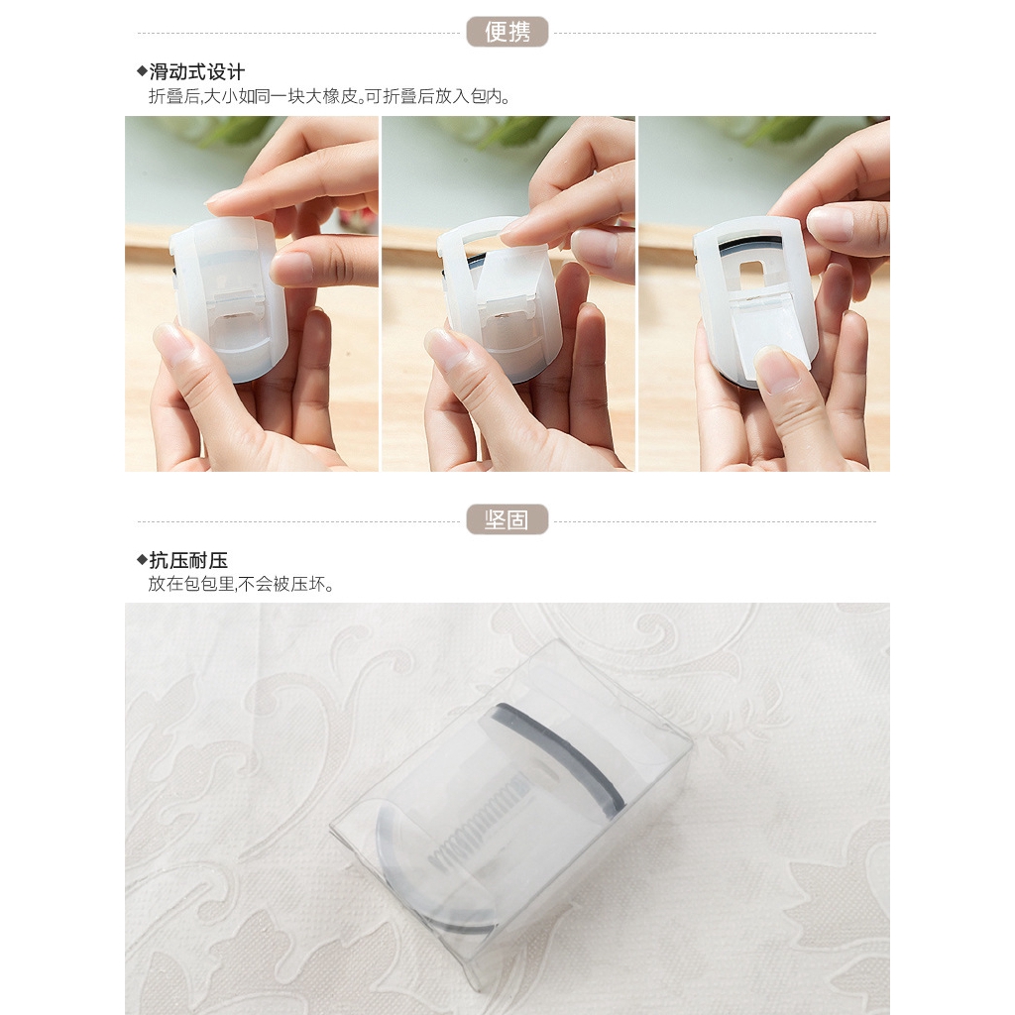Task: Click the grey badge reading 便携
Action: click(x=507, y=32)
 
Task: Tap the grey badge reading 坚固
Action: click(x=507, y=519)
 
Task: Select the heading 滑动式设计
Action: click(x=197, y=71)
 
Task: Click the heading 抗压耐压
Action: click(x=188, y=559)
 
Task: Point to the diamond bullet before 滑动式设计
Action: click(x=142, y=70)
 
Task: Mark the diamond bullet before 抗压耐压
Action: click(x=142, y=559)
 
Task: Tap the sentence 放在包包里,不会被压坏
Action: click(x=240, y=584)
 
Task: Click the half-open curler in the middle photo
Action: click(x=499, y=297)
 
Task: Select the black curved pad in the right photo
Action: click(x=750, y=245)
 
